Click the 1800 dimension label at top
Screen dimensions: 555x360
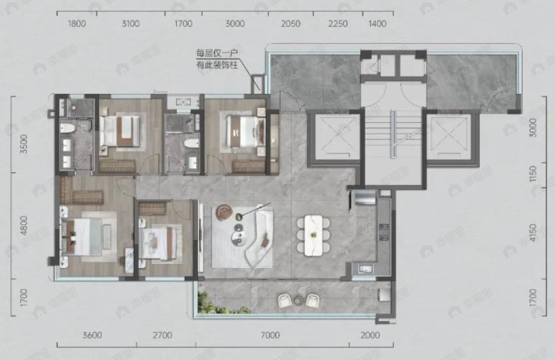pos(77,24)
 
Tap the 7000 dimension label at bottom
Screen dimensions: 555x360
pos(270,335)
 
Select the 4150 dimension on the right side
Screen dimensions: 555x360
pos(533,232)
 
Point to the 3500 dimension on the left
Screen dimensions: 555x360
pos(24,144)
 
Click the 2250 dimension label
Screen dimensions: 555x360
pos(338,24)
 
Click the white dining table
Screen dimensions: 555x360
pos(313,235)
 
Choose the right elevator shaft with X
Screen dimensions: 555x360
pos(452,137)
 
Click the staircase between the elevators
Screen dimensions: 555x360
pos(393,134)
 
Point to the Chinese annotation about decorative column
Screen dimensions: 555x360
pos(216,59)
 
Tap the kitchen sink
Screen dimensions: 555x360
pos(365,269)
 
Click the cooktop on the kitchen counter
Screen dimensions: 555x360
pos(384,232)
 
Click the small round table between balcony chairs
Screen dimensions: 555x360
pos(298,301)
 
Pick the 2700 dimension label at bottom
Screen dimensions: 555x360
pos(163,335)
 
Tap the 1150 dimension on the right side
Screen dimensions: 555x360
pos(533,174)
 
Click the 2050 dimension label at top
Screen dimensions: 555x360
pos(291,24)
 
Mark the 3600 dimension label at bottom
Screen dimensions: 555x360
pos(92,335)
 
